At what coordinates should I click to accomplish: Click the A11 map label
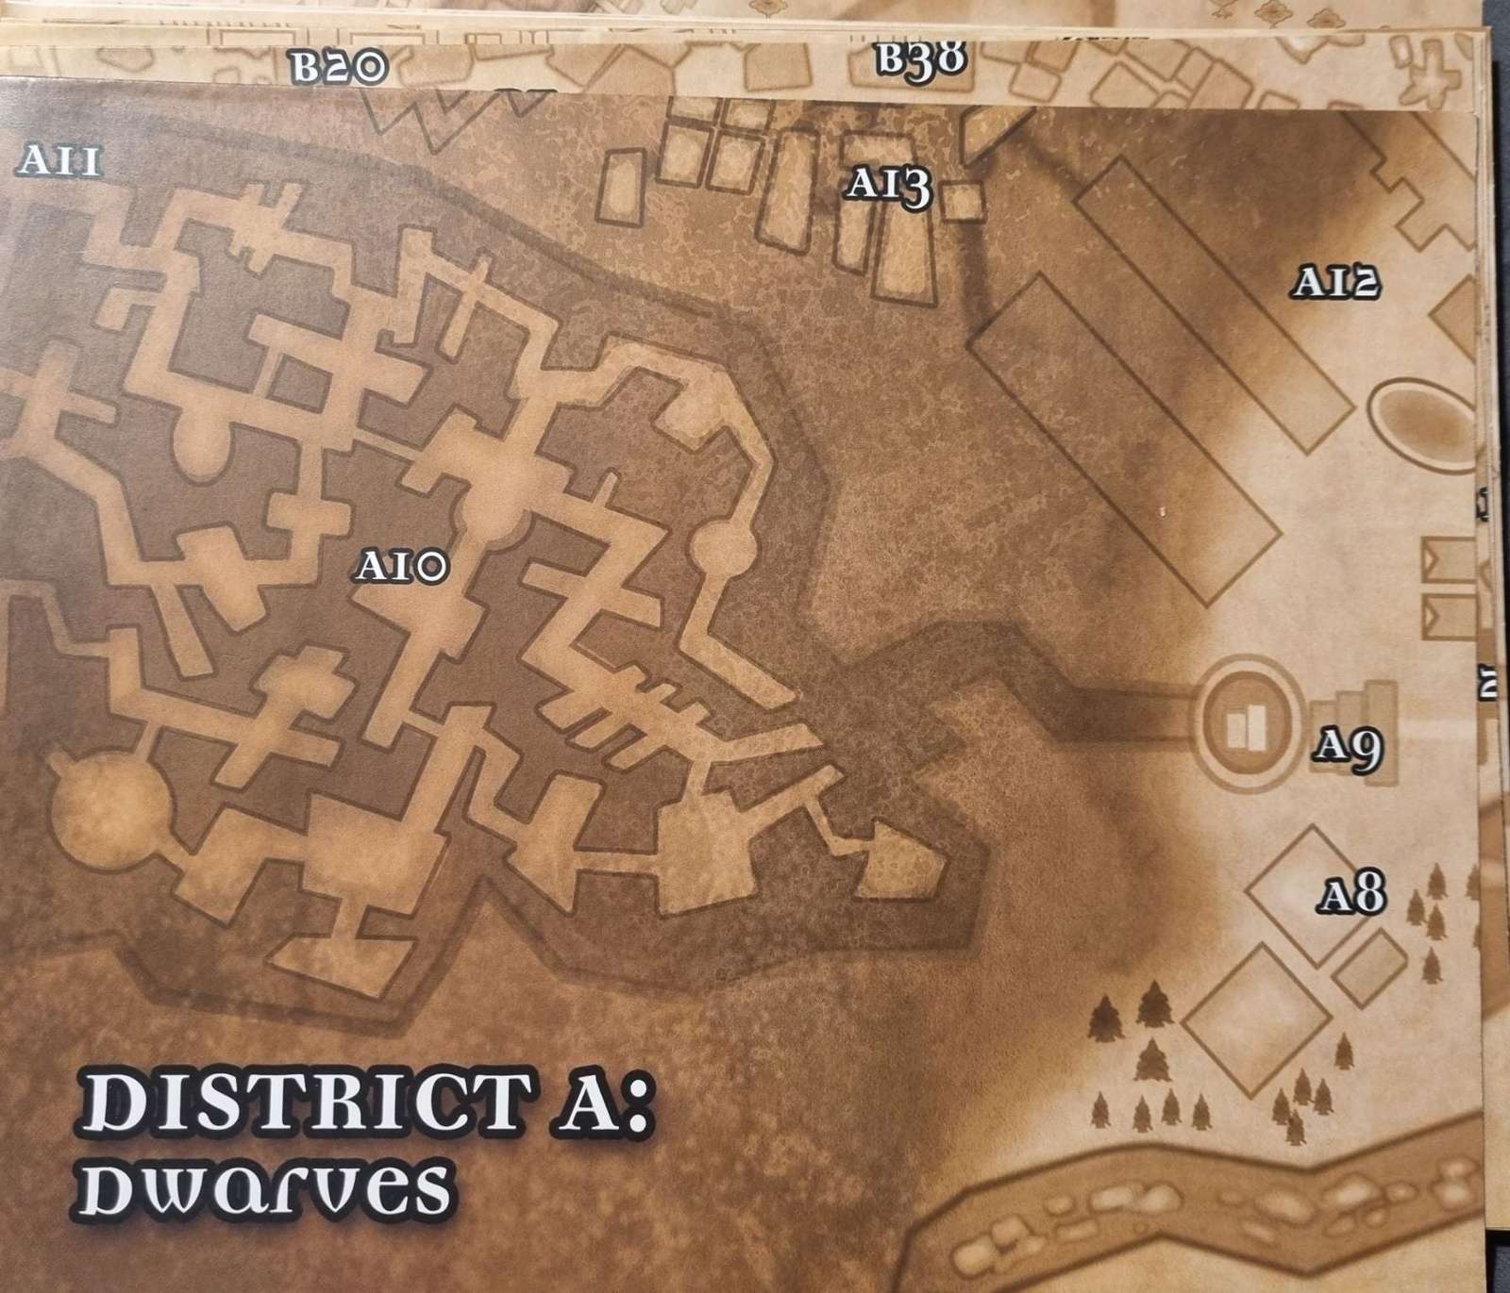click(x=59, y=162)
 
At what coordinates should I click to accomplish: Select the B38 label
click(x=921, y=59)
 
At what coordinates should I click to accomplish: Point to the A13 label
click(x=888, y=185)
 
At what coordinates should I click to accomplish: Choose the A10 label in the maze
click(x=401, y=567)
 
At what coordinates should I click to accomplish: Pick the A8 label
click(x=1352, y=895)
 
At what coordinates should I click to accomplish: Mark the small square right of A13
click(x=964, y=201)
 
